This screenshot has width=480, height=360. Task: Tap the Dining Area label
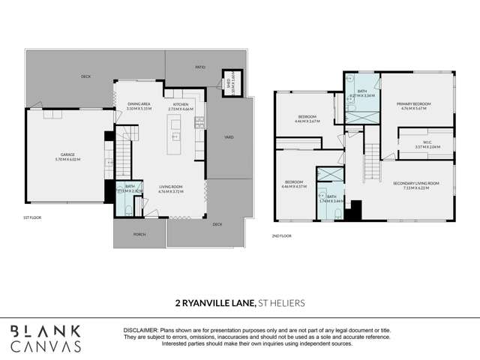(139, 106)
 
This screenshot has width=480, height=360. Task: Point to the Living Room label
(171, 189)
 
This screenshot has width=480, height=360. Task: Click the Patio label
(200, 67)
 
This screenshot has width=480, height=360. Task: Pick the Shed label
(228, 83)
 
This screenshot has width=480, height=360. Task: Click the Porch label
(139, 234)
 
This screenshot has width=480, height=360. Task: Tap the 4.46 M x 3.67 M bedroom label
(306, 118)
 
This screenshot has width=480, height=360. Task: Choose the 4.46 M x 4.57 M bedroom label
(295, 183)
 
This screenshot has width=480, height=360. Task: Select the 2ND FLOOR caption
(281, 235)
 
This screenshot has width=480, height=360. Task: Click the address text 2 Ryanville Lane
(211, 304)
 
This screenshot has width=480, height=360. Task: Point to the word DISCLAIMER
(141, 330)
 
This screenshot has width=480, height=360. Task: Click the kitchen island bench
(175, 137)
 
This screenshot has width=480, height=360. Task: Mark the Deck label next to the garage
(86, 76)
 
